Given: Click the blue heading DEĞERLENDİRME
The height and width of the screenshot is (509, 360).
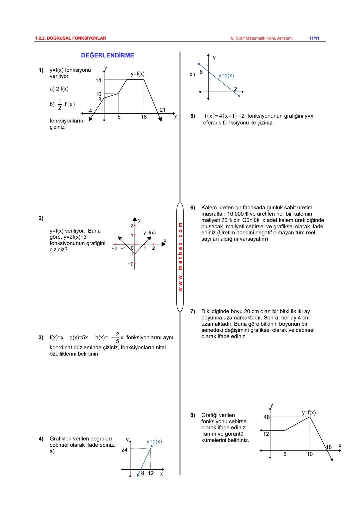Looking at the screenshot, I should point(107,55).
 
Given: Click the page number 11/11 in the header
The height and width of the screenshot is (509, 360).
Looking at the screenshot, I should point(314,38).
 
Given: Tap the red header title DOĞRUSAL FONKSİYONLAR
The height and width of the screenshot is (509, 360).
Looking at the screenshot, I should point(70,38).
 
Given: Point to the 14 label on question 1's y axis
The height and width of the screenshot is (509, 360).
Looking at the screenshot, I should point(98,80).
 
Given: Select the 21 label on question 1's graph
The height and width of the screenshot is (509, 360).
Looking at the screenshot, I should point(163,110).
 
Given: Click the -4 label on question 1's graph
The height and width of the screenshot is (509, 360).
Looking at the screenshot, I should point(89,110).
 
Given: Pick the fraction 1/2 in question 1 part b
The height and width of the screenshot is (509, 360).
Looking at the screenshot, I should point(60,104).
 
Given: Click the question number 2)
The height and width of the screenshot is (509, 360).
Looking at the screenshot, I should point(41,218).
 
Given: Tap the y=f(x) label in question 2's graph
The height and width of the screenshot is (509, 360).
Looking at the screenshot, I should point(149,233).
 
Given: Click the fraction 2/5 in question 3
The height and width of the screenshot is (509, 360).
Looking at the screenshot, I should point(117,337).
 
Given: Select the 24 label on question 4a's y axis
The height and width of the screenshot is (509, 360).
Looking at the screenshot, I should point(124,450).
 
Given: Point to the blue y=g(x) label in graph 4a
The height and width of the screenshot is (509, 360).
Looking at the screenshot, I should point(154,442).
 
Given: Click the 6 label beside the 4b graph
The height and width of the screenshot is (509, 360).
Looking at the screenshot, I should point(201,72).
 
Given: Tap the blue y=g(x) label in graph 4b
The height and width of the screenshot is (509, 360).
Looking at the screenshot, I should point(226,76).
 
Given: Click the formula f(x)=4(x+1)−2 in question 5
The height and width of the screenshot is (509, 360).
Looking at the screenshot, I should point(224,116).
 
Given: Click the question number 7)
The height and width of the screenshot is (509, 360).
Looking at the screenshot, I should point(193,311).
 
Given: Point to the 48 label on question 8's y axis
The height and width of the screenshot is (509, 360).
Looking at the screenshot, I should point(267,417).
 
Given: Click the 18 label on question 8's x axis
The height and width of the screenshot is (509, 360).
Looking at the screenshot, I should point(329,447).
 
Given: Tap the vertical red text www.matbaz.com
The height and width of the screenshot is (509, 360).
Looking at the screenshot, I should point(180,257).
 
